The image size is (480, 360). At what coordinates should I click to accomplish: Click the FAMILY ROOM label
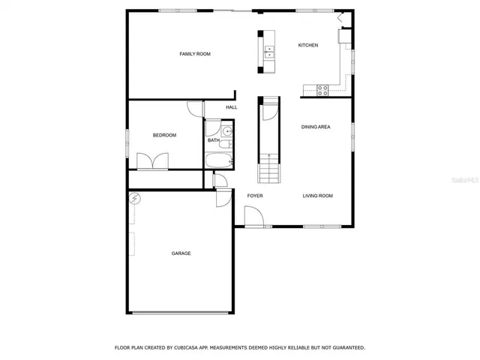point(194,54)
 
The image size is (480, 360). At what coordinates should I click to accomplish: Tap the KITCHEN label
point(308,46)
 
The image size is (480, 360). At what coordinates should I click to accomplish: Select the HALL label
point(232,107)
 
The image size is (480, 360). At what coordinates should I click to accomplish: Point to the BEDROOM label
point(164,135)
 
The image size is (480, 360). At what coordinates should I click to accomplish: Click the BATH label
point(214,140)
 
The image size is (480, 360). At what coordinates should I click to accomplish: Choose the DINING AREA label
point(316,127)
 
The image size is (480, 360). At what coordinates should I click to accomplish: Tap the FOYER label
point(255,196)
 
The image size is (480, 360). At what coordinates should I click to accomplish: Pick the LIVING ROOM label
point(317,196)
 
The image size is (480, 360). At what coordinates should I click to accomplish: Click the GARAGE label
point(181,253)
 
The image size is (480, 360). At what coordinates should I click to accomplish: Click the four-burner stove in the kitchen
point(323,90)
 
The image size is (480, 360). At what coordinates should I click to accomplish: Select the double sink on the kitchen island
point(269,51)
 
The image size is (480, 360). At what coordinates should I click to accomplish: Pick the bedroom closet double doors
point(159,162)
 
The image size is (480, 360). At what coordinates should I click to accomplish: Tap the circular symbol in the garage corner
point(135,199)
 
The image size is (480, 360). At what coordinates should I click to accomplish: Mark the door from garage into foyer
point(223,199)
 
